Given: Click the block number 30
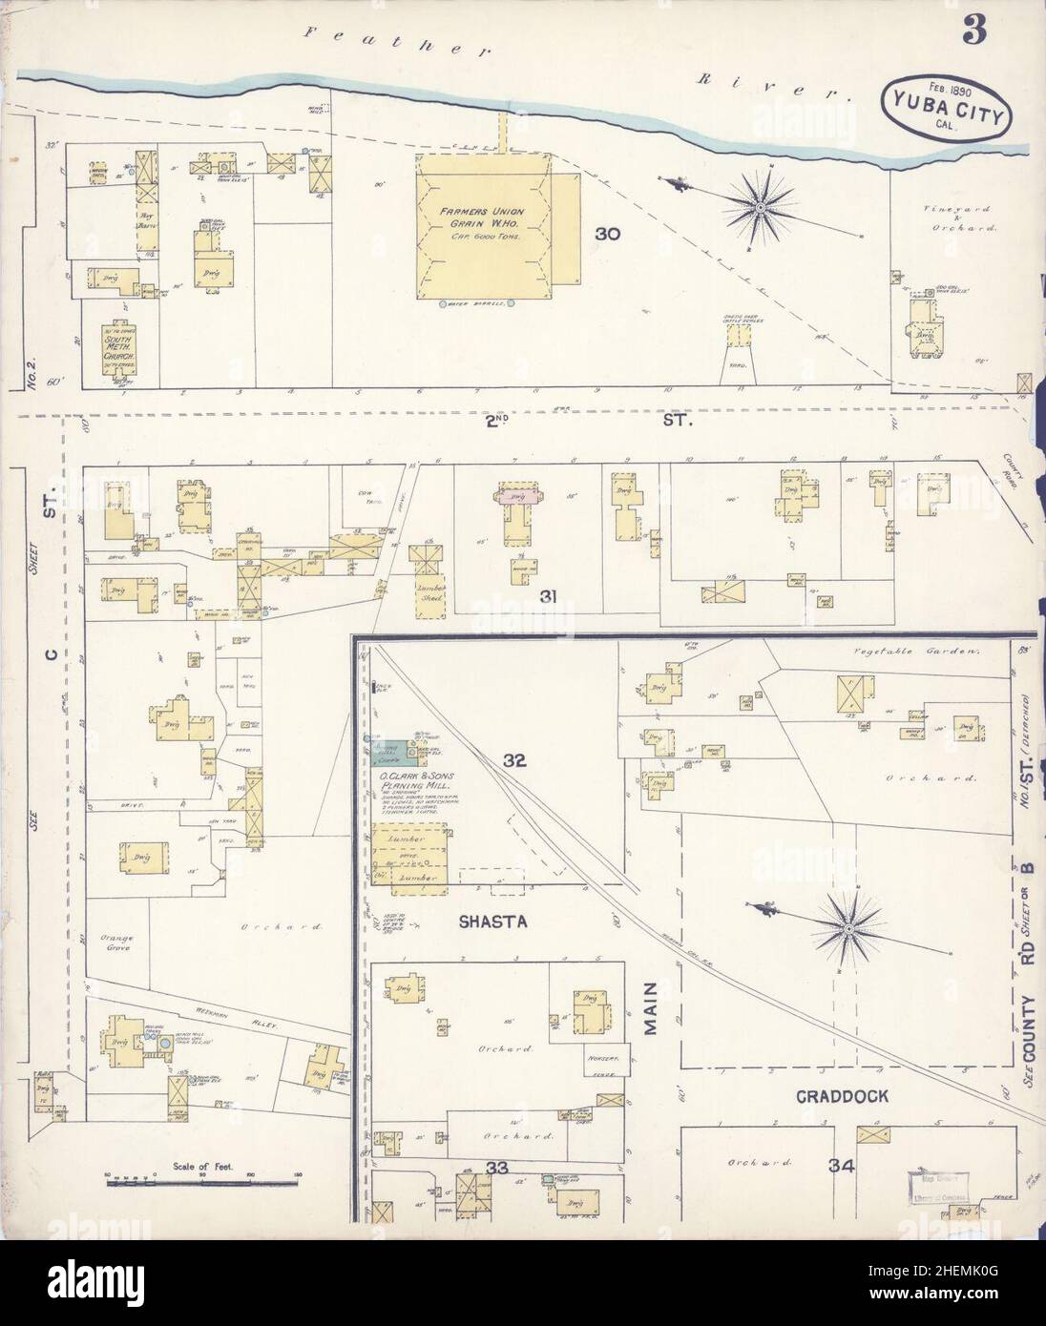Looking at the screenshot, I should [608, 234].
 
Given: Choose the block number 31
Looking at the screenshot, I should [547, 597].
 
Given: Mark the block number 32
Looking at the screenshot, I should [515, 761].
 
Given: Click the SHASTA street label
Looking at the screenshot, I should [493, 922].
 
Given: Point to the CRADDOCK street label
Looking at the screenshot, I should [842, 1097].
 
